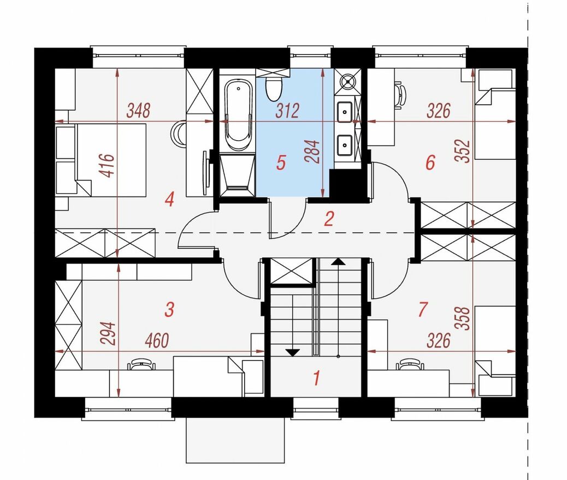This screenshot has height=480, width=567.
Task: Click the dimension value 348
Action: pos(138,111)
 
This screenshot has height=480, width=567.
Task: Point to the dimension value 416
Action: pos(108,166)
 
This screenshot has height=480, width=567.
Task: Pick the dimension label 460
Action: pos(157,340)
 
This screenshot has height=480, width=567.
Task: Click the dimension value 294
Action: pos(108,334)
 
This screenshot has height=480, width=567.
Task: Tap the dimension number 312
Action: pos(288,111)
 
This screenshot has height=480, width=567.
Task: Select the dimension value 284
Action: pos(312,152)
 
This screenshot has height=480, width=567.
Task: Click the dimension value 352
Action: pos(464,151)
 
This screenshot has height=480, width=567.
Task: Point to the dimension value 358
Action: pos(464,318)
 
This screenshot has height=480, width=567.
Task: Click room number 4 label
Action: pos(169,200)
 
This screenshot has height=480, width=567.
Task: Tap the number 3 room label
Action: pos(169,309)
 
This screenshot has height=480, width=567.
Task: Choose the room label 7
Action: pos(422,309)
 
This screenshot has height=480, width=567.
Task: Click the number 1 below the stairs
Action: pos(317,378)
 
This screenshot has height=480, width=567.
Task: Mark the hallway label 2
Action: pos(329,219)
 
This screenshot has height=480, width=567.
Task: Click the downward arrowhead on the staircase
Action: pos(293,352)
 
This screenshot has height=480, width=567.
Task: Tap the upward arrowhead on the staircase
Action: pos(338,262)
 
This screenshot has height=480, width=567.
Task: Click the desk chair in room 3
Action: pos(141,364)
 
